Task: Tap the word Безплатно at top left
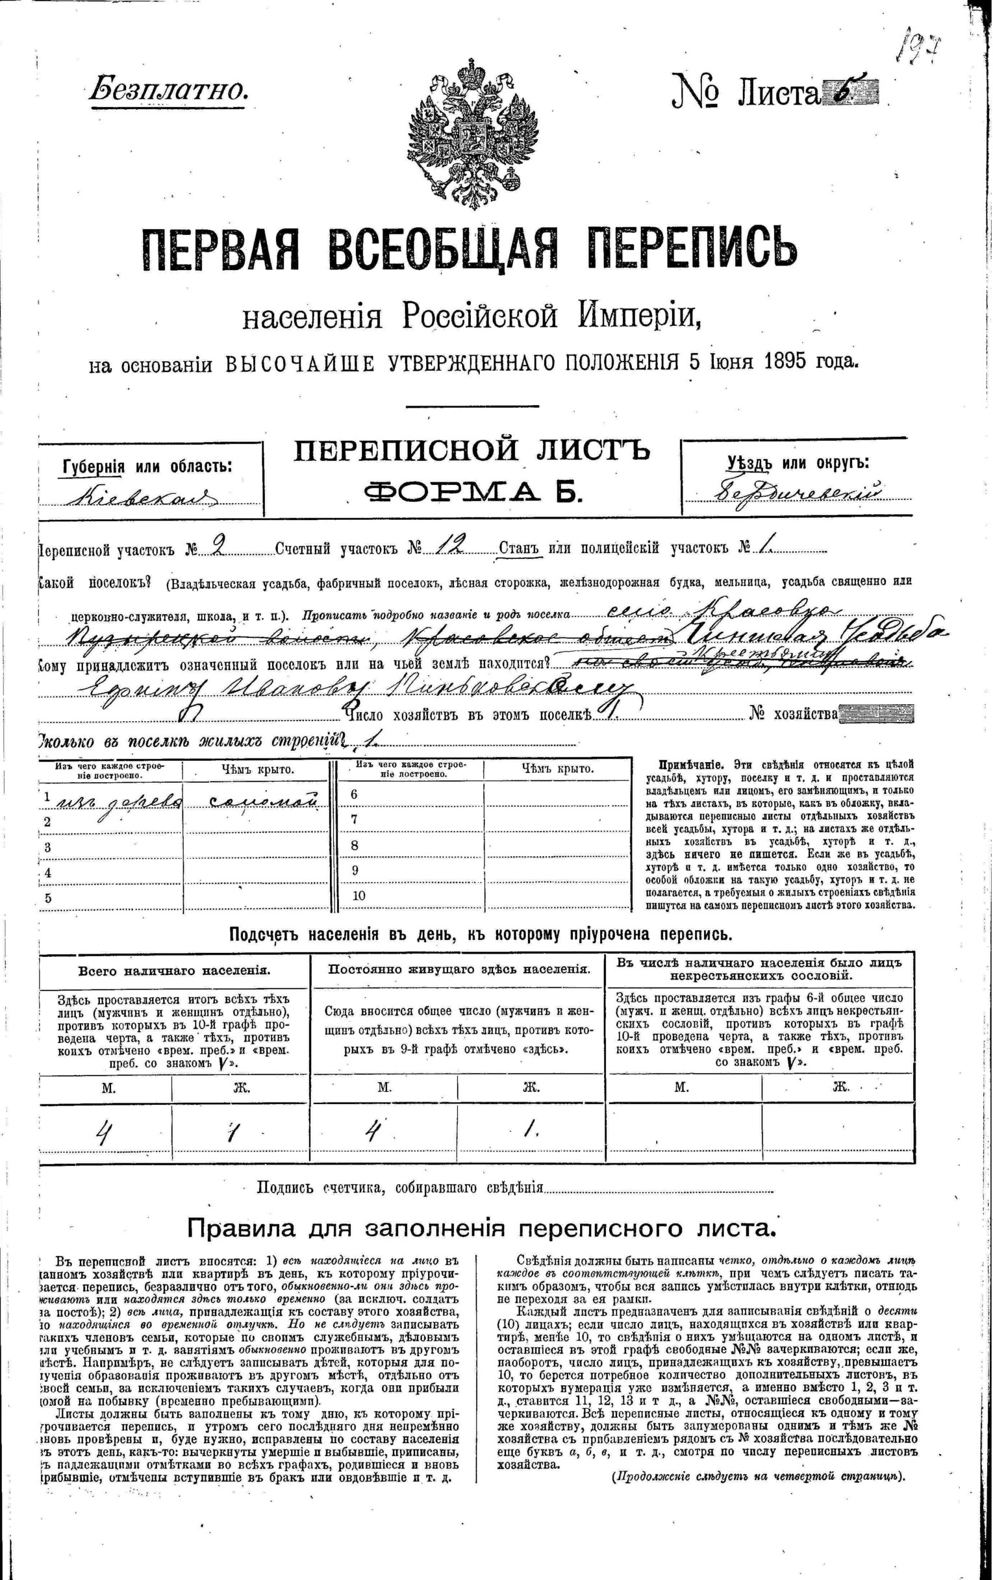(169, 88)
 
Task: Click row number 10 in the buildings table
(358, 896)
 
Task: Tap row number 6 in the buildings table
(355, 794)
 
